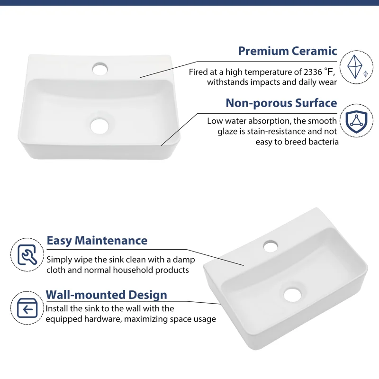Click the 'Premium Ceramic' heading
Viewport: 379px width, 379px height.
tap(288, 51)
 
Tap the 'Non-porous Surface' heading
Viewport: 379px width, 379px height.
tap(281, 103)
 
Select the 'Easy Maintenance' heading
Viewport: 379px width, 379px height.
tap(97, 241)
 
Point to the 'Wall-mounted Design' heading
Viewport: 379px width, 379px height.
tap(106, 295)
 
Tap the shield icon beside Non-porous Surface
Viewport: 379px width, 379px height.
tap(356, 120)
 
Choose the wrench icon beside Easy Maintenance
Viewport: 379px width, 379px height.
tap(27, 254)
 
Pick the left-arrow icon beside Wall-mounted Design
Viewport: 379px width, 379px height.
tap(27, 308)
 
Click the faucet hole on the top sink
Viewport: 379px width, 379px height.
tap(100, 68)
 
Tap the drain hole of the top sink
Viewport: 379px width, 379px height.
tap(99, 126)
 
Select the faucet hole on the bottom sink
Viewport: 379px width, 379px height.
tap(271, 246)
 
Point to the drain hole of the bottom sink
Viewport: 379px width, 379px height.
tap(292, 295)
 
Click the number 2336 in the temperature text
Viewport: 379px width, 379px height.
tap(313, 72)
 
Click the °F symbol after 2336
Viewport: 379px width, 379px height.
tap(329, 72)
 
